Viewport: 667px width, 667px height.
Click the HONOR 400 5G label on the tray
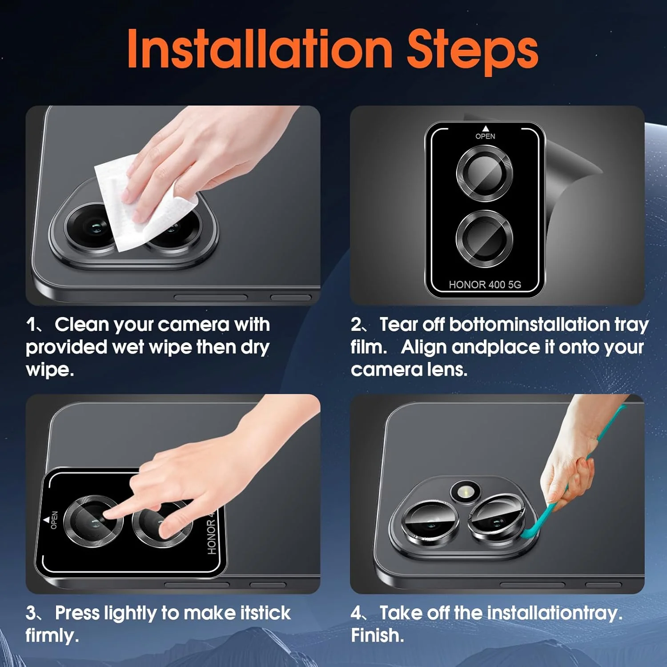coord(485,285)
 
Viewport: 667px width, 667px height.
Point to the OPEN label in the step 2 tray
coord(485,136)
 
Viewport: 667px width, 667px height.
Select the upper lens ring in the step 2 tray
coord(485,173)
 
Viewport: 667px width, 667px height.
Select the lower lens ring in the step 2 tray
coord(485,239)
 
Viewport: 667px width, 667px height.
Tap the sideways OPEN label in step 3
coord(54,520)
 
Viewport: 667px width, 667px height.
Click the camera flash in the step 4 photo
coord(466,492)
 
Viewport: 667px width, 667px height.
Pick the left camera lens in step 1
coord(89,228)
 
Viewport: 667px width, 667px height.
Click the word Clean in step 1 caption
coord(82,325)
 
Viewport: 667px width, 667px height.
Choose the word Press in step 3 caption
coord(77,613)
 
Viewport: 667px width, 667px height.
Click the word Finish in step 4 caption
coord(378,635)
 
